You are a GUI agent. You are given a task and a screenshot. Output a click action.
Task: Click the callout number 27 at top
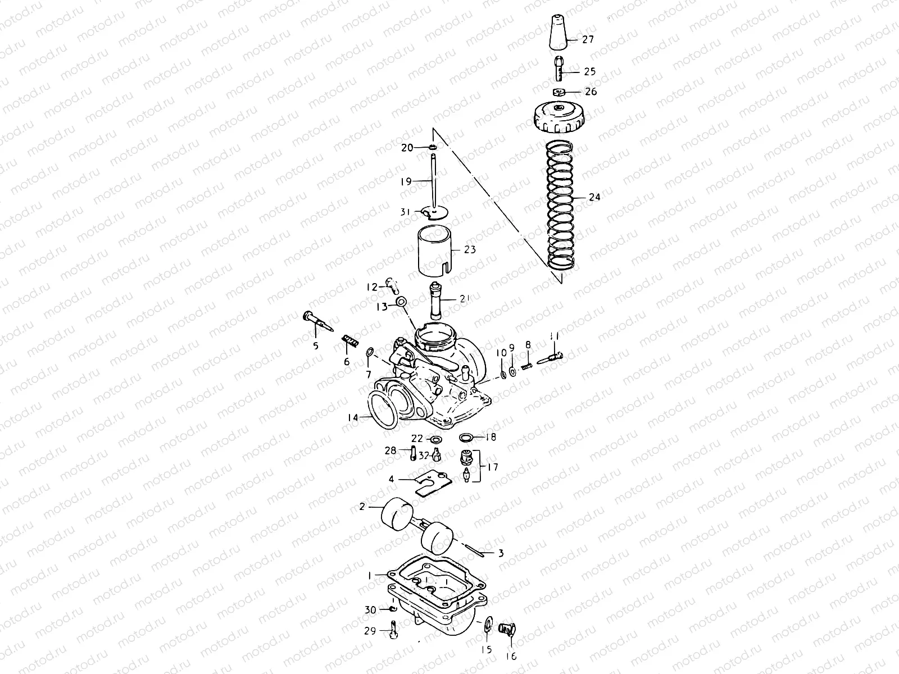(x=588, y=40)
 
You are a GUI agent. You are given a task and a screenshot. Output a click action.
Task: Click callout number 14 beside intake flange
(x=353, y=417)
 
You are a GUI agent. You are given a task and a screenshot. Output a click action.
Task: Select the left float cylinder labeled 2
(x=397, y=513)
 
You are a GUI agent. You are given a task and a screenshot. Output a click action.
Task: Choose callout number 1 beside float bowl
(x=369, y=575)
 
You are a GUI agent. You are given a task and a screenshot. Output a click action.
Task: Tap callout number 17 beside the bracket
(x=492, y=467)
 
